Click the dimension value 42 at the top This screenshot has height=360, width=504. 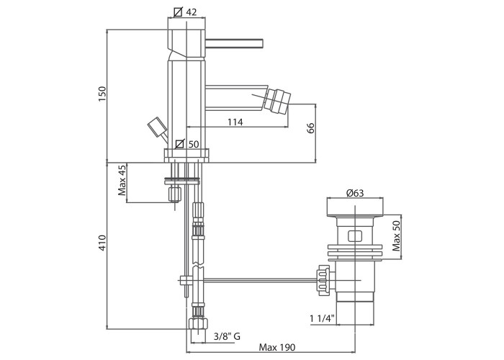(x=192, y=12)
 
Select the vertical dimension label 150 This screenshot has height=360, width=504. (x=102, y=94)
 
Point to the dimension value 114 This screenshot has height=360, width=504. (x=235, y=122)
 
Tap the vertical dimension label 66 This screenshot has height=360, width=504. (x=311, y=128)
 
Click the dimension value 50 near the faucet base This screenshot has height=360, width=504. (x=194, y=144)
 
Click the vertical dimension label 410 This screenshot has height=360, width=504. (x=102, y=243)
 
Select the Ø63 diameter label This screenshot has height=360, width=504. (x=355, y=193)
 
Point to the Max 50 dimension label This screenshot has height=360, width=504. (x=396, y=236)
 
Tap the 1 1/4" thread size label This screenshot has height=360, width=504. (x=322, y=318)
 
